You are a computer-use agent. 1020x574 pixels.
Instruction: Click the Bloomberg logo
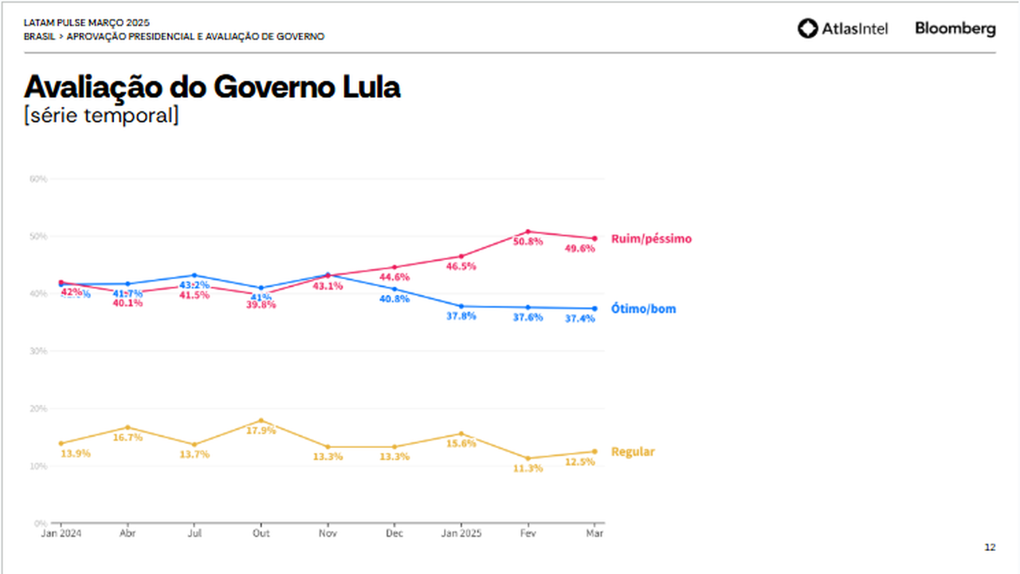(955, 29)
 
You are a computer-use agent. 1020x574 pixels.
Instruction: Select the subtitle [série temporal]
(101, 115)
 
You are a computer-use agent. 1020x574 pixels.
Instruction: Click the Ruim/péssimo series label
(651, 238)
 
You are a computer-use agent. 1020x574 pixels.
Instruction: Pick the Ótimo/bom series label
(643, 309)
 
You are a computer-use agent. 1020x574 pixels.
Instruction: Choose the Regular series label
(633, 452)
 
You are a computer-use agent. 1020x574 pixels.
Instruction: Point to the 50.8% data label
(528, 242)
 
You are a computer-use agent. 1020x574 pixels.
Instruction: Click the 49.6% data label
(579, 249)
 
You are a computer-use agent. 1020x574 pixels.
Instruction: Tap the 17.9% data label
(261, 431)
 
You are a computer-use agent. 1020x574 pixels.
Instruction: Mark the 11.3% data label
(528, 469)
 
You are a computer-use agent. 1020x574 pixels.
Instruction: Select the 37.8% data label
(461, 316)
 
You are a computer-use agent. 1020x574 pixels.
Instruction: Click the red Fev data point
(528, 232)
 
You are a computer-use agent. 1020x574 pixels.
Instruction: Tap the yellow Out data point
(261, 420)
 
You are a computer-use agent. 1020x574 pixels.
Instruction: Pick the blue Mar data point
(594, 309)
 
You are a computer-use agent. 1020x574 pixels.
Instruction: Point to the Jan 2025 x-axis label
(461, 533)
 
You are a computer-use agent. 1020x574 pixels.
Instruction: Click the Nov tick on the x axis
(328, 533)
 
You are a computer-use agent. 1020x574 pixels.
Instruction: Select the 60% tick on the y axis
(38, 179)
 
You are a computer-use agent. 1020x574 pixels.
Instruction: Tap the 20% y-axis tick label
(38, 408)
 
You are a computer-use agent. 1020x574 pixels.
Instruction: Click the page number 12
(990, 547)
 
